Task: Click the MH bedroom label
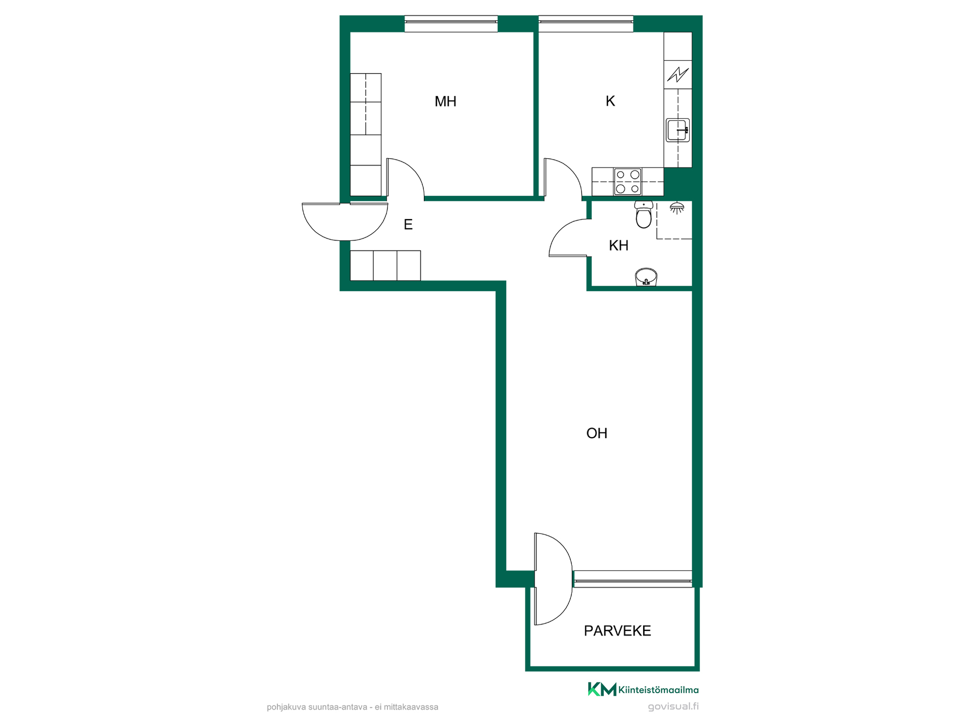[445, 101]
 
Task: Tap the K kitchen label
[610, 101]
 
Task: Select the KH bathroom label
[618, 245]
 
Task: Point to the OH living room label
[597, 433]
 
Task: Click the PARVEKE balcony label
[617, 631]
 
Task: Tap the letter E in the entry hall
[408, 224]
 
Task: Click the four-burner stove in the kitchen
[627, 182]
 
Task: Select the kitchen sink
[677, 130]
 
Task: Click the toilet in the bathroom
[644, 215]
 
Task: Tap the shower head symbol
[677, 207]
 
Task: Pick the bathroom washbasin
[646, 277]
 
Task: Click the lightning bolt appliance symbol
[677, 75]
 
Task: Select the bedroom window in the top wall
[451, 23]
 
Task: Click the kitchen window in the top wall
[586, 23]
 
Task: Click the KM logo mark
[602, 689]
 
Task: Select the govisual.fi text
[673, 706]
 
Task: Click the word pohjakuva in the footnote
[286, 707]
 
